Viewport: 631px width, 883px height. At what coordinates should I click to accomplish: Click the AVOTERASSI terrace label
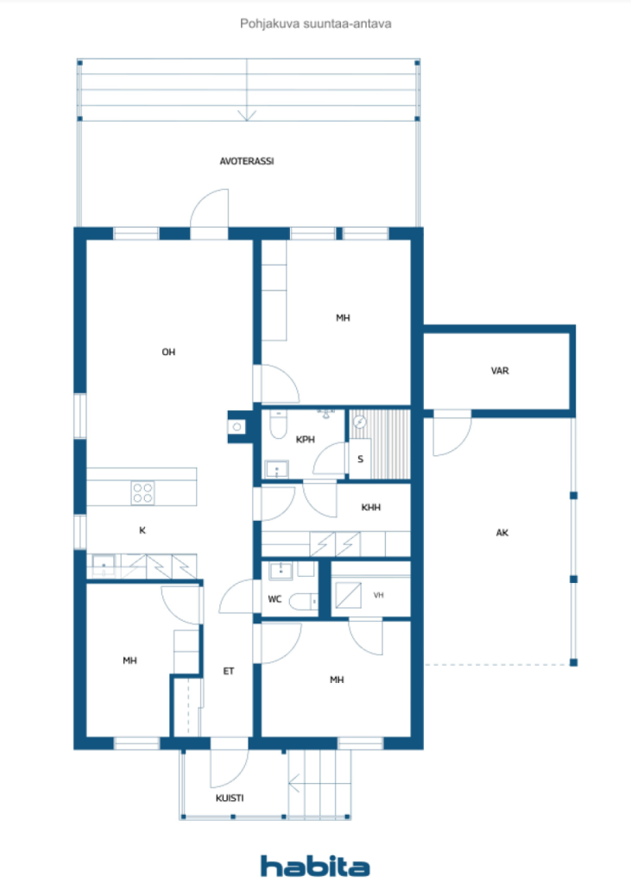246,161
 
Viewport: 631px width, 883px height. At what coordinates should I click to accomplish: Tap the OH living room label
168,352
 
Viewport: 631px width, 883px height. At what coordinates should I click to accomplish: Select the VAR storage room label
500,371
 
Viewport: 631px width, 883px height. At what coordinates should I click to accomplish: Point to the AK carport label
502,532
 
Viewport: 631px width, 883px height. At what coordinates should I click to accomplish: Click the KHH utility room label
370,507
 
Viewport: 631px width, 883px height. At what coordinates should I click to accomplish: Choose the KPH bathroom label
305,439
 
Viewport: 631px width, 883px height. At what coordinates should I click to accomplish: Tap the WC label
274,598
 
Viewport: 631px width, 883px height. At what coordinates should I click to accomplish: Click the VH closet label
378,595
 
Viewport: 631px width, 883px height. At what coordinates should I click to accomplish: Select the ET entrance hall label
229,671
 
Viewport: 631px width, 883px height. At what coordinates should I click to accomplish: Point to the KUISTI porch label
230,798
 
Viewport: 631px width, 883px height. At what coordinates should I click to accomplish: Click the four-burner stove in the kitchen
142,492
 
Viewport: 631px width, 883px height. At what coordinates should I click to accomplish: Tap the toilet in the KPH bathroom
278,424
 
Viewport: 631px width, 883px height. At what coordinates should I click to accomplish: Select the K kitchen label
142,530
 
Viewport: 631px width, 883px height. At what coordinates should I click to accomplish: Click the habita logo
315,866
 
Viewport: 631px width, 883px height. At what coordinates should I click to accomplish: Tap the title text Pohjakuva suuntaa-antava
316,23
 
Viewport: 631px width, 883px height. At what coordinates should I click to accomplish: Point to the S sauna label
360,459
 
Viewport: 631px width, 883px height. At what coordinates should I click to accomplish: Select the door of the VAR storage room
452,433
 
